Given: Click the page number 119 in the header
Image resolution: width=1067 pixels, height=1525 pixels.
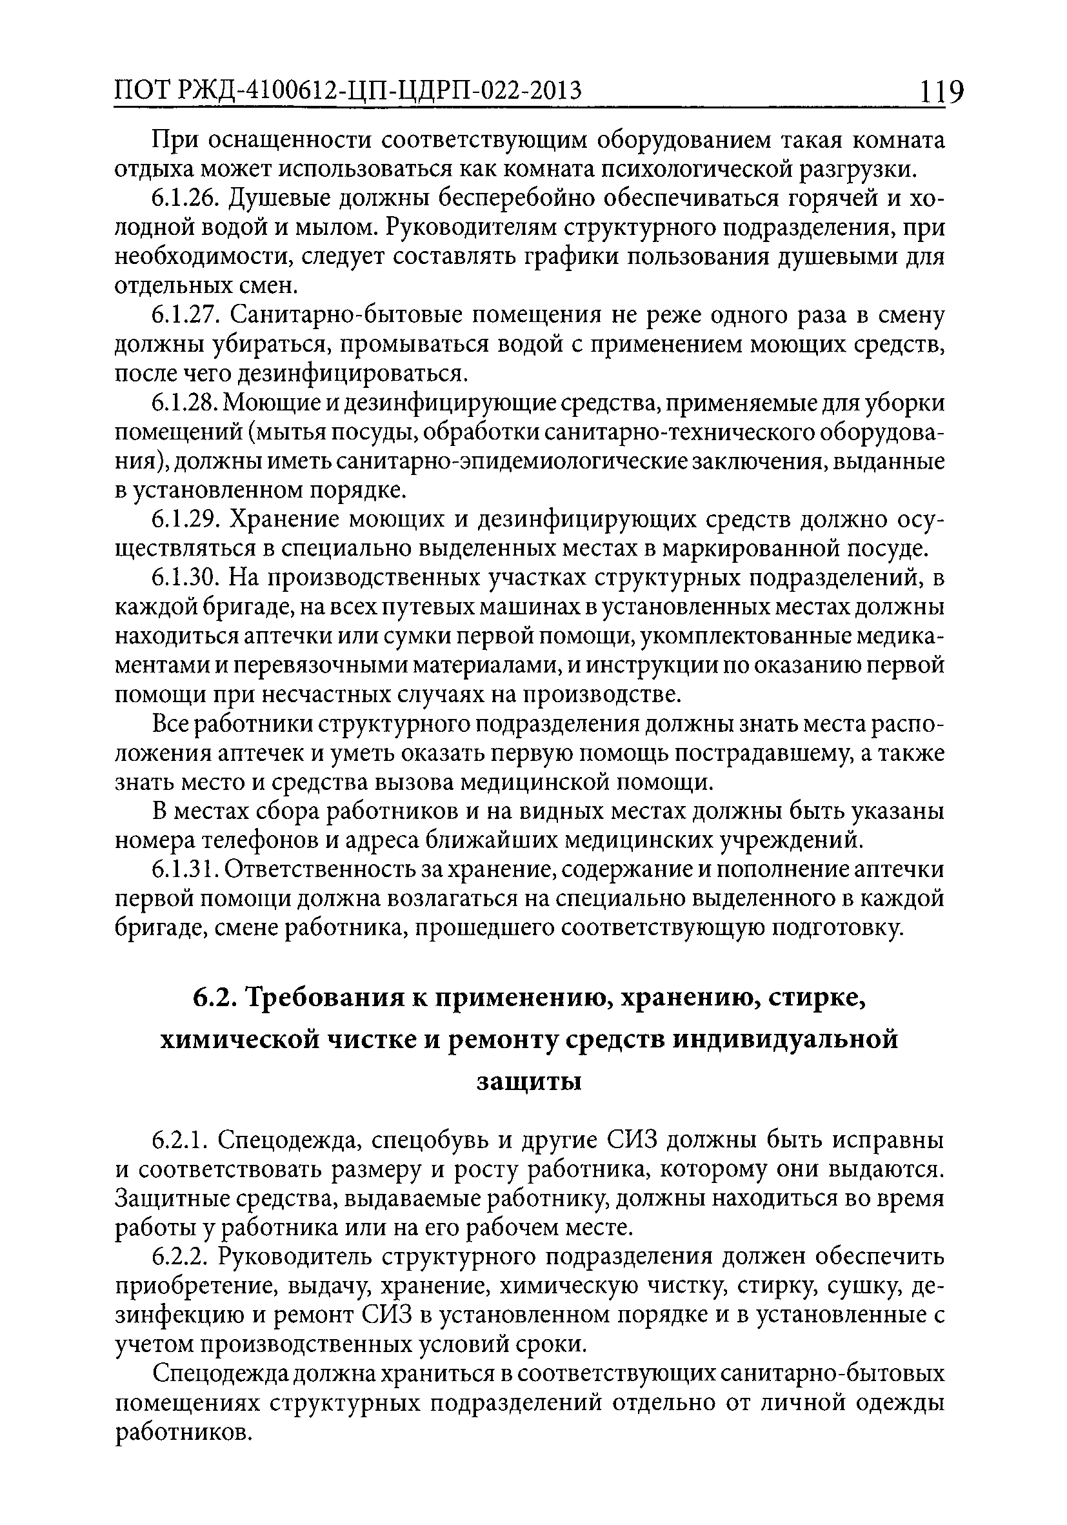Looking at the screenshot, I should (941, 92).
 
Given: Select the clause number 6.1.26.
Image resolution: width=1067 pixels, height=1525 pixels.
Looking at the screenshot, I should (185, 199).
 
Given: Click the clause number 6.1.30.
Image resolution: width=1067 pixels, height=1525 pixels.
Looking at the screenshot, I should (185, 578).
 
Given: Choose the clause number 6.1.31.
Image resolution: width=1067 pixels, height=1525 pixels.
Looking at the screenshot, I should (184, 870).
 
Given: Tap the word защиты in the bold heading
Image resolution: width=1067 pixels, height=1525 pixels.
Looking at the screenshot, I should (529, 1082).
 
